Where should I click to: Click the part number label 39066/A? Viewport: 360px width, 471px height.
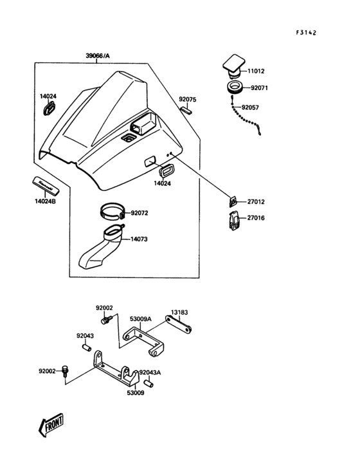[98, 56]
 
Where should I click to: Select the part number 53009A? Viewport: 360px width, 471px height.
[140, 319]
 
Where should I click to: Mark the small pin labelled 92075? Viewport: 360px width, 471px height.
[186, 110]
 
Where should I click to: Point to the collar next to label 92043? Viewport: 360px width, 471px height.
[83, 347]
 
